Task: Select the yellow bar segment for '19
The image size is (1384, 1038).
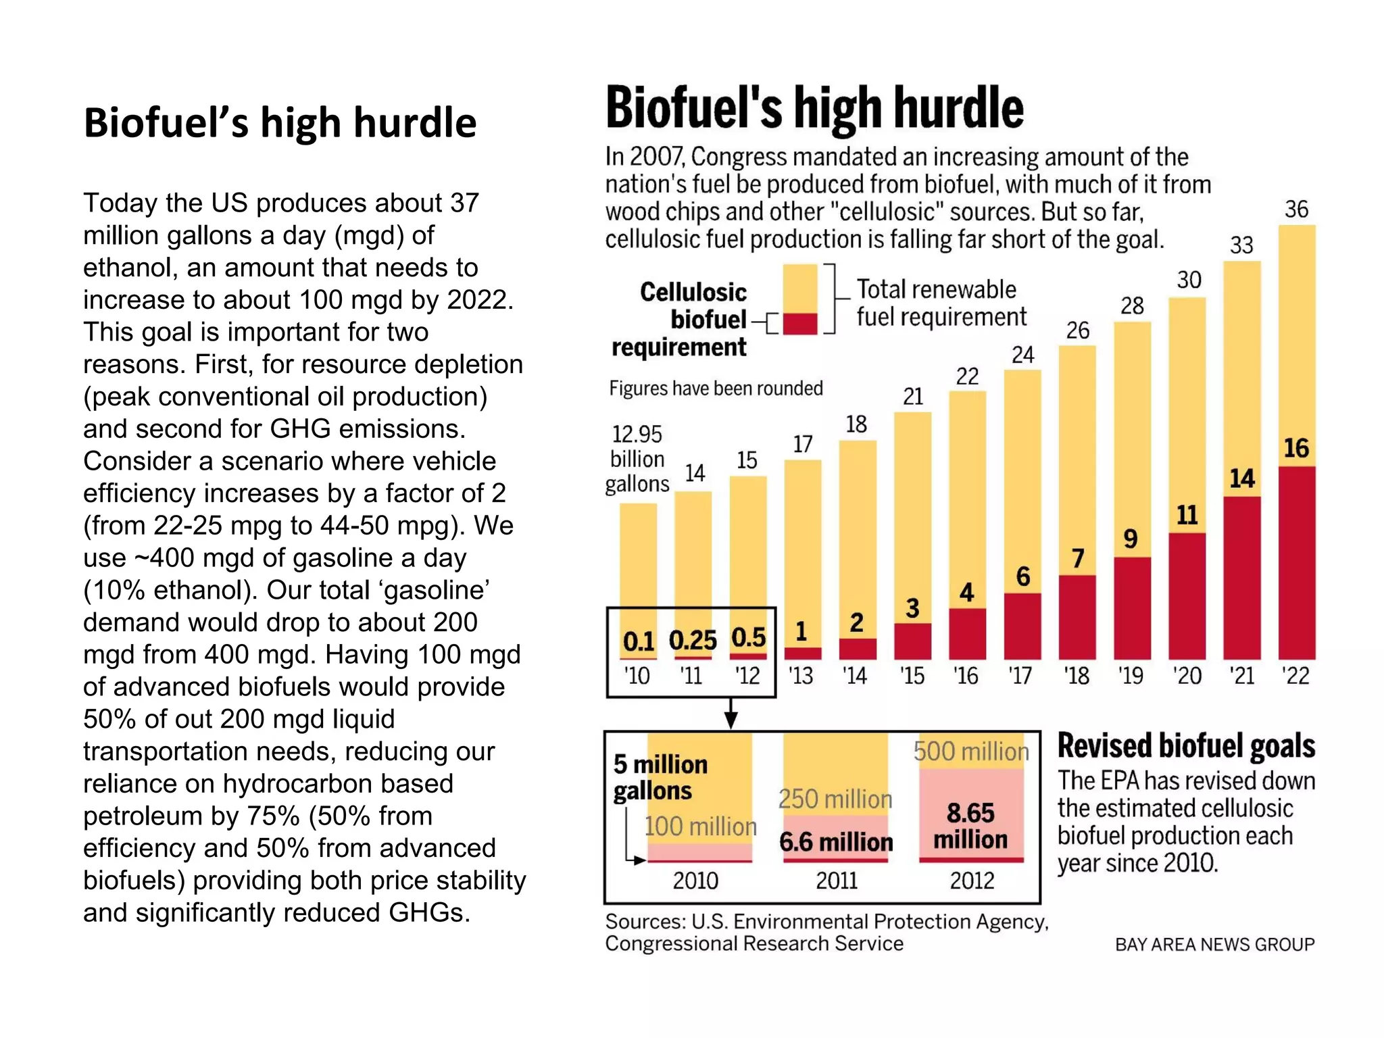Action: click(1132, 439)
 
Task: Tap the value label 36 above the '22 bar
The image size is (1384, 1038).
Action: click(1296, 209)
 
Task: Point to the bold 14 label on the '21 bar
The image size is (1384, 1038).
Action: click(1242, 478)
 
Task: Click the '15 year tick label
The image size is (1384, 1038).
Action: click(912, 676)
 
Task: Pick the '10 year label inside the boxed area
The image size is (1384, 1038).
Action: click(637, 676)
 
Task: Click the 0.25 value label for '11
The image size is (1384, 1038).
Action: click(693, 640)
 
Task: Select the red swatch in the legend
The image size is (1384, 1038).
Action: click(800, 323)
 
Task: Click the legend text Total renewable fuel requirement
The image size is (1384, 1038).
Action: click(941, 303)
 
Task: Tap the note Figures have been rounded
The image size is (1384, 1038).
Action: click(716, 389)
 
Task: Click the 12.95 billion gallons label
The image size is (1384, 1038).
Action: click(637, 459)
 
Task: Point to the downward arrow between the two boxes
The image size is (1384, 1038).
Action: click(731, 714)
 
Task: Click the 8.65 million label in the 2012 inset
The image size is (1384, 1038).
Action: click(970, 826)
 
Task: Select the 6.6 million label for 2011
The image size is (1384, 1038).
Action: click(836, 842)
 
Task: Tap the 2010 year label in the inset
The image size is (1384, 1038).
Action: click(695, 881)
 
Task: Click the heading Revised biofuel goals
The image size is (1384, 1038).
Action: click(1186, 746)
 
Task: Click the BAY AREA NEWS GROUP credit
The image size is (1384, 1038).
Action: click(1214, 945)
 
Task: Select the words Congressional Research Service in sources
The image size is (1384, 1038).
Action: click(754, 944)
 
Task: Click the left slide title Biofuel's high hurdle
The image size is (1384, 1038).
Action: click(280, 123)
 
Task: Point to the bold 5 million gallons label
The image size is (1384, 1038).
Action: click(660, 777)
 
